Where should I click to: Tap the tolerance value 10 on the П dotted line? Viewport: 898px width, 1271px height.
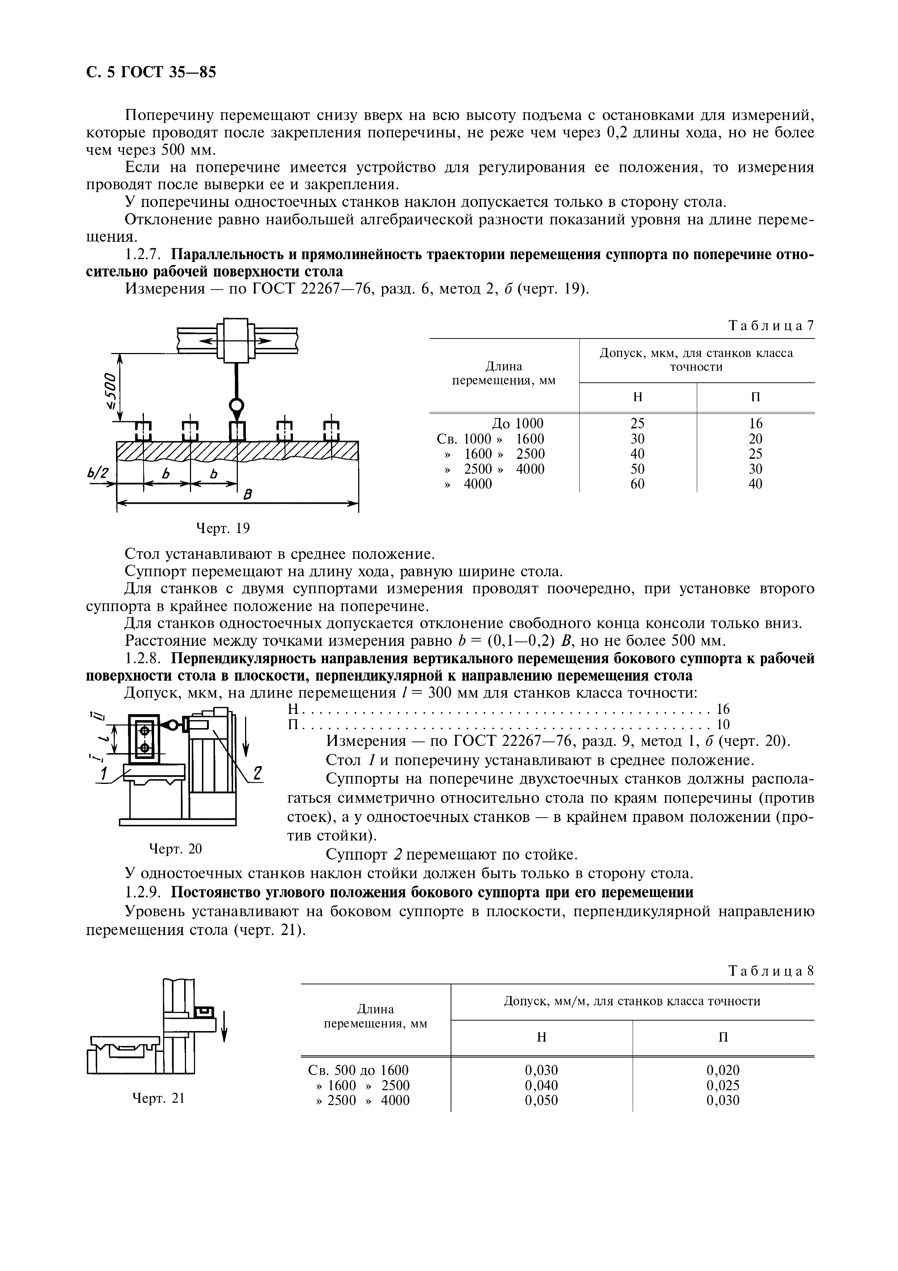coord(723,724)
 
